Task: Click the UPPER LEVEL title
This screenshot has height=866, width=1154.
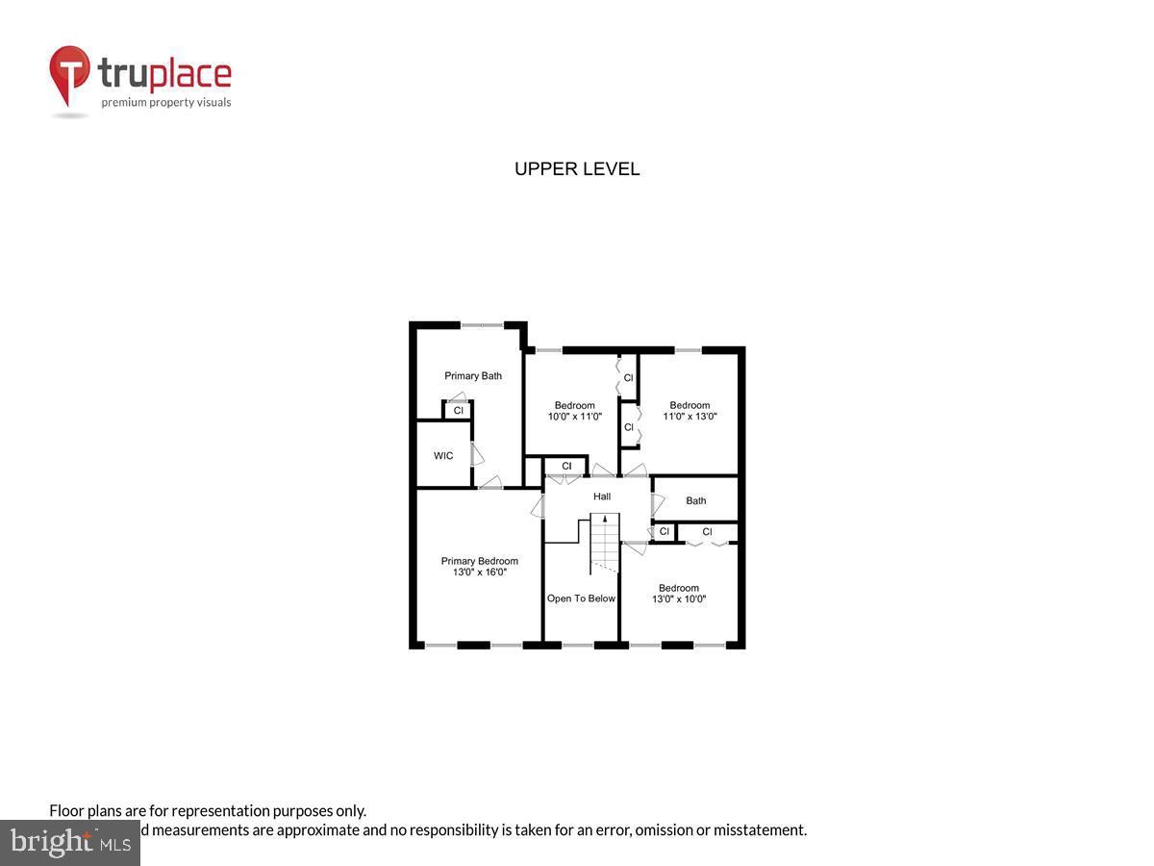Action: pyautogui.click(x=577, y=169)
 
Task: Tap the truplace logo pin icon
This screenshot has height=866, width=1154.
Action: pyautogui.click(x=68, y=75)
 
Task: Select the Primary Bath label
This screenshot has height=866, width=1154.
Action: pyautogui.click(x=472, y=376)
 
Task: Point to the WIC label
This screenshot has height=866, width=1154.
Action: pyautogui.click(x=443, y=456)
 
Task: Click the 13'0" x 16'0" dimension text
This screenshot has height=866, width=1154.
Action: pyautogui.click(x=479, y=573)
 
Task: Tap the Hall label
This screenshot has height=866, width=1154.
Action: pyautogui.click(x=601, y=497)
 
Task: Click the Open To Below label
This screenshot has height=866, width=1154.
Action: pyautogui.click(x=581, y=599)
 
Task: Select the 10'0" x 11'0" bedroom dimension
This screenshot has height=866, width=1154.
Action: pyautogui.click(x=574, y=417)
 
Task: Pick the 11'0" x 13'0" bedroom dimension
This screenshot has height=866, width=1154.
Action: pyautogui.click(x=690, y=417)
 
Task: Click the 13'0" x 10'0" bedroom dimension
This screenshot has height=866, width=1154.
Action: pyautogui.click(x=678, y=599)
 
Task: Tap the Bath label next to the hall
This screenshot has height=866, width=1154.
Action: pyautogui.click(x=695, y=500)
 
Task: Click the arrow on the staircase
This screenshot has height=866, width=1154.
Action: pyautogui.click(x=604, y=521)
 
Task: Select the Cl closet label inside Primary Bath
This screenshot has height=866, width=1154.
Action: pyautogui.click(x=458, y=411)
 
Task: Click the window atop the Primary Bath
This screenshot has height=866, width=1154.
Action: pyautogui.click(x=482, y=325)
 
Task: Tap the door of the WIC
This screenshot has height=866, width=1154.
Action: pyautogui.click(x=475, y=455)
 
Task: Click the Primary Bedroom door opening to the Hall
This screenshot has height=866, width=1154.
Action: pyautogui.click(x=539, y=504)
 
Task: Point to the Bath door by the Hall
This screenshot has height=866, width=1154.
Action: pyautogui.click(x=658, y=502)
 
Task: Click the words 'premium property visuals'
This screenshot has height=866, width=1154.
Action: pyautogui.click(x=166, y=102)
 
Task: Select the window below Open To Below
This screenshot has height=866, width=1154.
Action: pyautogui.click(x=579, y=645)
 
